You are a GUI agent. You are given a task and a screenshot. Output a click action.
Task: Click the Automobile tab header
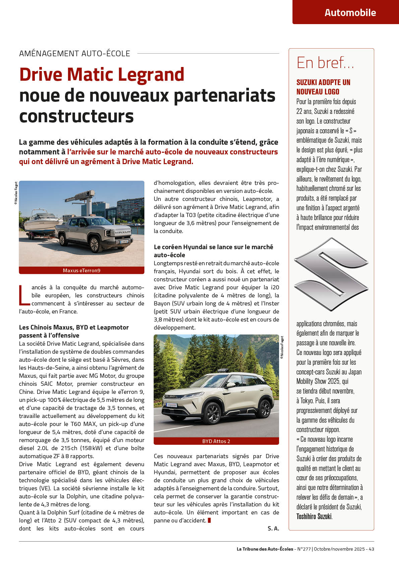(x=350, y=13)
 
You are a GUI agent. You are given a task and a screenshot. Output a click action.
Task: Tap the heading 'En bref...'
(x=325, y=63)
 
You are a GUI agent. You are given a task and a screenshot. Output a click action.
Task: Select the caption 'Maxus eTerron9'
(x=81, y=271)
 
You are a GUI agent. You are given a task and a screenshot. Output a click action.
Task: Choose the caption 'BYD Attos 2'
(x=216, y=441)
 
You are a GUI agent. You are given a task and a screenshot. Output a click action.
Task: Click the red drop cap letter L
(x=24, y=295)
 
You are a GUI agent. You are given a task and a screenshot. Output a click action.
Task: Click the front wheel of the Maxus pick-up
(x=94, y=244)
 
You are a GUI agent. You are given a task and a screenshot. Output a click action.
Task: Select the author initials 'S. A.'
(x=273, y=528)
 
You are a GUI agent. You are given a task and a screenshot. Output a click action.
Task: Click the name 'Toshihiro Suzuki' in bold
(x=314, y=516)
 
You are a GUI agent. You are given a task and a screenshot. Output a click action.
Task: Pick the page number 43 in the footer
(x=371, y=549)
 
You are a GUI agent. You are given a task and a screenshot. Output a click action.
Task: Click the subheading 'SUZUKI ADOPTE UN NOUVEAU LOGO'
(x=323, y=87)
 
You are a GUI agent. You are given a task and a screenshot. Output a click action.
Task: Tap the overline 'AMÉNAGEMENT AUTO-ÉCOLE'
(x=75, y=54)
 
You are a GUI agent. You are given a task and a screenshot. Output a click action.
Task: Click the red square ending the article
(x=209, y=520)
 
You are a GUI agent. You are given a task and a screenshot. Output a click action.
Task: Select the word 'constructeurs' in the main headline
(x=76, y=116)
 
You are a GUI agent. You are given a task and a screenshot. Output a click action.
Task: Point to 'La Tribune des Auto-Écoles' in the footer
(x=265, y=549)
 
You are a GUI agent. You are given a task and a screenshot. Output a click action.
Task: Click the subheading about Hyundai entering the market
(x=213, y=251)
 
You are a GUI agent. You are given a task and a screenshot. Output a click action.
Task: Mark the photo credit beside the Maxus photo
(x=16, y=193)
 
